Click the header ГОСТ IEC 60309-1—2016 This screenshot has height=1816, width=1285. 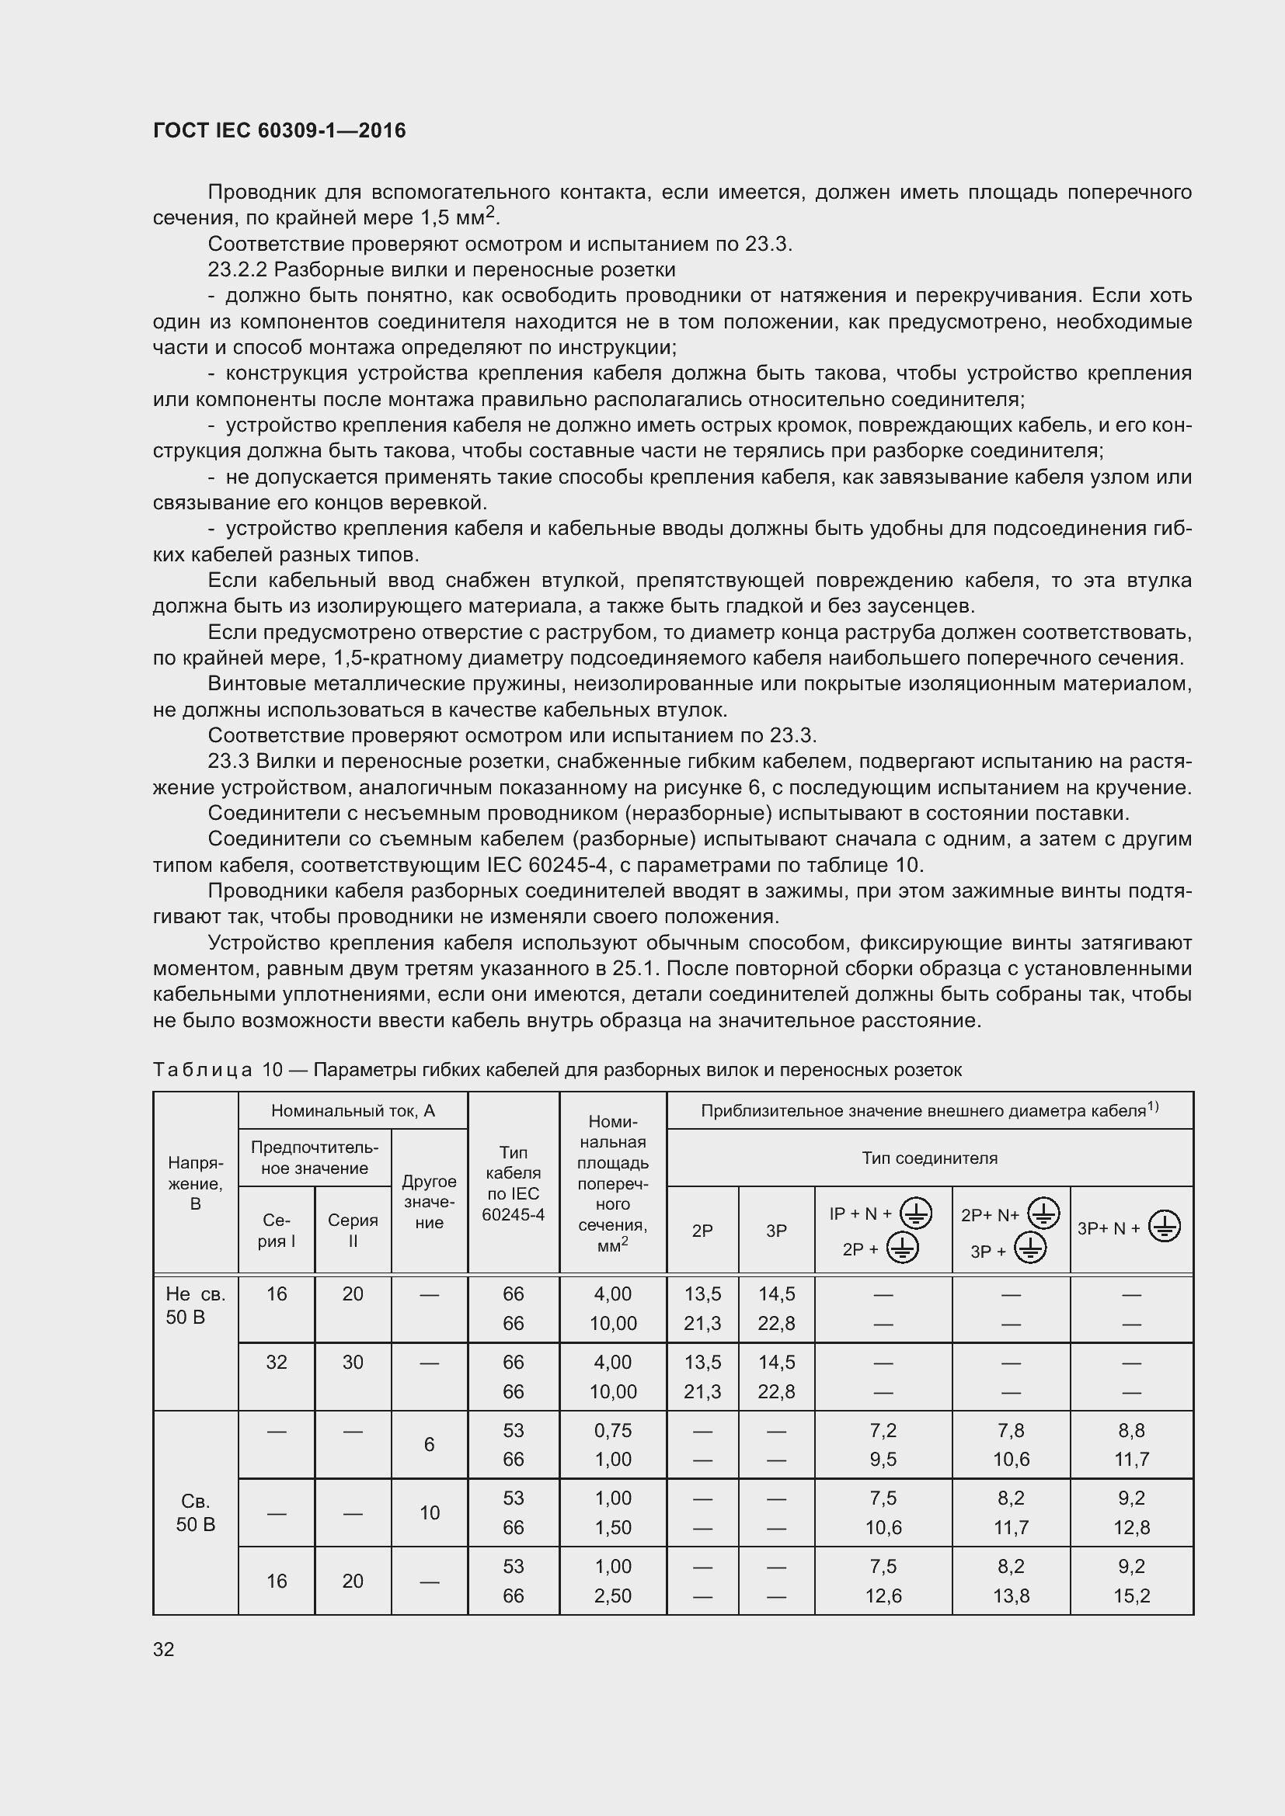(279, 130)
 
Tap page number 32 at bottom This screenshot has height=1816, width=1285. (164, 1648)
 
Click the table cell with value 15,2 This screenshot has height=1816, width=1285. (1130, 1596)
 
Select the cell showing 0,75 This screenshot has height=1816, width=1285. (612, 1429)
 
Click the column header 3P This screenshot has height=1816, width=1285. (775, 1230)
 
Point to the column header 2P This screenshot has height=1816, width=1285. (702, 1230)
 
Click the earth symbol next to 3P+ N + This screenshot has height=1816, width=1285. (1164, 1227)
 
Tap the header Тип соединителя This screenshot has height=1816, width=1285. (929, 1158)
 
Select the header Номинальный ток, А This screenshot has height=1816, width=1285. (353, 1110)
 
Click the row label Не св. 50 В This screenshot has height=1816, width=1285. (196, 1305)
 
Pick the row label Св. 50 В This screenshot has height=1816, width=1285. (196, 1512)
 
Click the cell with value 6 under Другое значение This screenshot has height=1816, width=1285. (429, 1444)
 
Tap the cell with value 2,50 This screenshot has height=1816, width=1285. (612, 1596)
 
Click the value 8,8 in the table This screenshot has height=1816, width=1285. (1130, 1429)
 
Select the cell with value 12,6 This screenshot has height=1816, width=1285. (883, 1596)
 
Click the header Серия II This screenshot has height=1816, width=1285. (353, 1230)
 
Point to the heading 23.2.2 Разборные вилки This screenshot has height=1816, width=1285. (441, 269)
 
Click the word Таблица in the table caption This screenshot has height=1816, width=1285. (202, 1070)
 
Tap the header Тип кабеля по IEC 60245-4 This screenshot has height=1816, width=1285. (513, 1183)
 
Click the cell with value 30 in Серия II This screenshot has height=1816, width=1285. (353, 1361)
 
